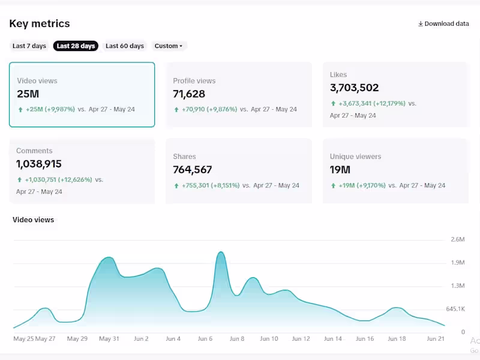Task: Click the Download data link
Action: [x=443, y=24]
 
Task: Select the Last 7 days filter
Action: [x=29, y=46]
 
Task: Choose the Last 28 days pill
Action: [x=76, y=46]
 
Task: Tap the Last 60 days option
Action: [x=125, y=46]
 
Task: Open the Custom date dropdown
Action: [x=169, y=46]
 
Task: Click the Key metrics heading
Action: [x=40, y=24]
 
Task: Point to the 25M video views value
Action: [x=28, y=94]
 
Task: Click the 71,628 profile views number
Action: [x=189, y=94]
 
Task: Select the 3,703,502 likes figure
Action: [x=355, y=88]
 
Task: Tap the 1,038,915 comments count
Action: [x=39, y=164]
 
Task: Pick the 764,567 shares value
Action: [x=193, y=170]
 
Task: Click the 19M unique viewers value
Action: [x=340, y=170]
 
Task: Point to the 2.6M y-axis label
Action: [x=458, y=239]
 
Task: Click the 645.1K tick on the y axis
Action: [x=455, y=309]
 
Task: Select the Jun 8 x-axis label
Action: [x=237, y=339]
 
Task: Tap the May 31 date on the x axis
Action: [x=109, y=339]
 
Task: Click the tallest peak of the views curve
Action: [x=221, y=253]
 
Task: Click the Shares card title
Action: [x=184, y=157]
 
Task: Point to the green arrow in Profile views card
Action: [x=176, y=110]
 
